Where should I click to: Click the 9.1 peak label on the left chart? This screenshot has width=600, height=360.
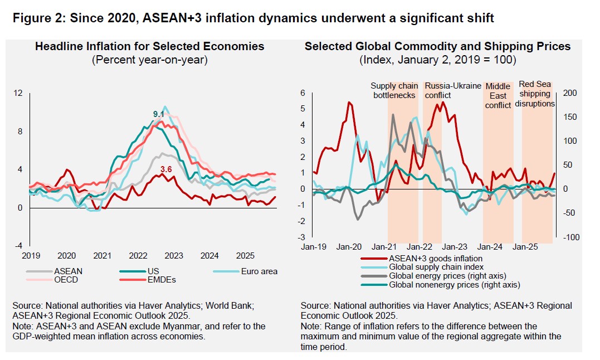pyautogui.click(x=159, y=114)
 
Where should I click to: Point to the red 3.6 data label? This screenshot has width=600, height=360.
pyautogui.click(x=166, y=169)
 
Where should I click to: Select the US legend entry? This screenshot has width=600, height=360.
pyautogui.click(x=145, y=271)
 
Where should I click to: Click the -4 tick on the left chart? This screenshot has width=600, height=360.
pyautogui.click(x=18, y=245)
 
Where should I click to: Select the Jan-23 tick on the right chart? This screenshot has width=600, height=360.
pyautogui.click(x=455, y=246)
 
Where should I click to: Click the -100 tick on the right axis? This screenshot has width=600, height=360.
pyautogui.click(x=569, y=237)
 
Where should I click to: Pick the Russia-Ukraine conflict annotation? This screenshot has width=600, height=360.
pyautogui.click(x=453, y=90)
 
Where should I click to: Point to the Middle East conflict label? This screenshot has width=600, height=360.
pyautogui.click(x=498, y=95)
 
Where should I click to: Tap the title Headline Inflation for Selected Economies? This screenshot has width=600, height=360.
pyautogui.click(x=149, y=46)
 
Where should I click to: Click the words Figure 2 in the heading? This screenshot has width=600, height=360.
pyautogui.click(x=37, y=18)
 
